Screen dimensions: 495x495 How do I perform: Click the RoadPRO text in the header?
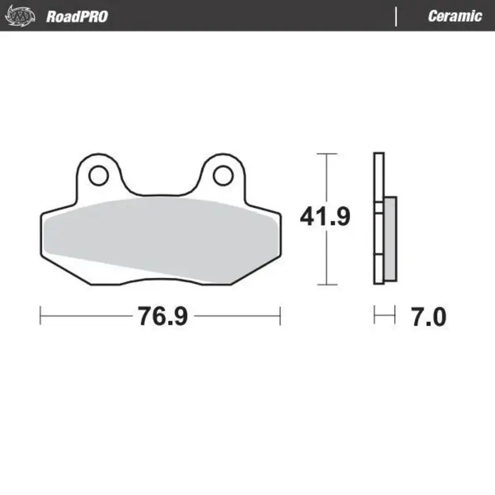tap(77, 16)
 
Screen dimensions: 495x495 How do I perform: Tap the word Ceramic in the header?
tap(454, 16)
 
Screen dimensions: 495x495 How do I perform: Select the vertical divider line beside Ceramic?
tap(396, 16)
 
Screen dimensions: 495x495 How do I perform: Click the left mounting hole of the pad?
tap(97, 176)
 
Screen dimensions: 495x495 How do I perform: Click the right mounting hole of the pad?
tap(222, 176)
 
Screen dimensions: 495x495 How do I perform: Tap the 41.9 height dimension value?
tap(325, 217)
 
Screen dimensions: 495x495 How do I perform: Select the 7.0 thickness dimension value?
tap(428, 317)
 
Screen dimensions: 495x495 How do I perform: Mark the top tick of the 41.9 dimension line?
tap(326, 153)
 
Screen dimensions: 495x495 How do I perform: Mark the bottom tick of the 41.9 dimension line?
tap(326, 285)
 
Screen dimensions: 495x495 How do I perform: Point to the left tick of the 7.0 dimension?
tap(374, 315)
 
